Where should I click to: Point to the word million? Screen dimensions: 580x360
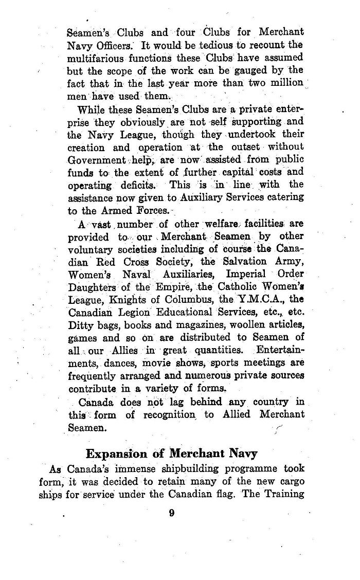[283, 83]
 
